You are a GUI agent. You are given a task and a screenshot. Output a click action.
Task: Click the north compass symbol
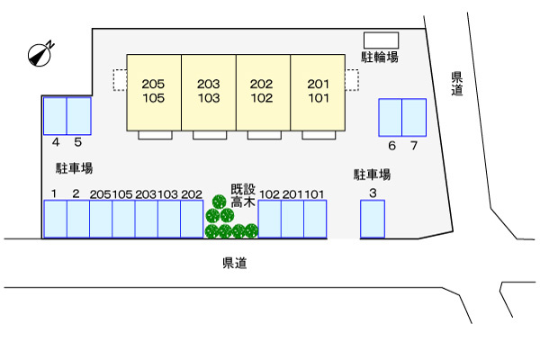pyautogui.click(x=40, y=54)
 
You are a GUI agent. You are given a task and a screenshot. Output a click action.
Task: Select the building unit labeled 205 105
pyautogui.click(x=154, y=93)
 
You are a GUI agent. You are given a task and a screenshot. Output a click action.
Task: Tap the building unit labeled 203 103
pyautogui.click(x=209, y=93)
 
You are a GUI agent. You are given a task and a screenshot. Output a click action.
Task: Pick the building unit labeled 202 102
pyautogui.click(x=263, y=93)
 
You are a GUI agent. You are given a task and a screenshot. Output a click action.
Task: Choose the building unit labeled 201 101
pyautogui.click(x=318, y=93)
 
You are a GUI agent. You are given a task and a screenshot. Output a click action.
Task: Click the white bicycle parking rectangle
pyautogui.click(x=382, y=40)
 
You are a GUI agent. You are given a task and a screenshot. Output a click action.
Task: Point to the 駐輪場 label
pyautogui.click(x=380, y=57)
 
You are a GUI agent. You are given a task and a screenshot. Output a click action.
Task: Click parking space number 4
pyautogui.click(x=55, y=116)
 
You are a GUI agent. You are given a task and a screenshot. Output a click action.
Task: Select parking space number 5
pyautogui.click(x=78, y=116)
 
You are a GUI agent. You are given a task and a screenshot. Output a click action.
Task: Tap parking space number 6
pyautogui.click(x=391, y=118)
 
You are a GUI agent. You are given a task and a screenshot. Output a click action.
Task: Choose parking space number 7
pyautogui.click(x=414, y=118)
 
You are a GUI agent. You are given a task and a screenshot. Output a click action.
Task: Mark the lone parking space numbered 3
pyautogui.click(x=373, y=219)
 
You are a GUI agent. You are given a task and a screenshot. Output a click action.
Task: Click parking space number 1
pyautogui.click(x=55, y=219)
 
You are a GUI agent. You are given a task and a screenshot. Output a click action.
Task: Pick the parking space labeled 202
pyautogui.click(x=192, y=219)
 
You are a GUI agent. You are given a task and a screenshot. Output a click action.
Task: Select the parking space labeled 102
pyautogui.click(x=270, y=219)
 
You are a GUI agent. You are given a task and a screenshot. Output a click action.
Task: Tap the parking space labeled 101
pyautogui.click(x=315, y=219)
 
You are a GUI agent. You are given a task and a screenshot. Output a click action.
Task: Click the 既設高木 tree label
pyautogui.click(x=243, y=195)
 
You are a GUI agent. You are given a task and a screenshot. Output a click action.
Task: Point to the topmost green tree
pyautogui.click(x=219, y=202)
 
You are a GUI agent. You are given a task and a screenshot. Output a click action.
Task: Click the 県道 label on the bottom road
pyautogui.click(x=235, y=263)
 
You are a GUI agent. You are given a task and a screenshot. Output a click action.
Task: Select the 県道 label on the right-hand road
pyautogui.click(x=456, y=84)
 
